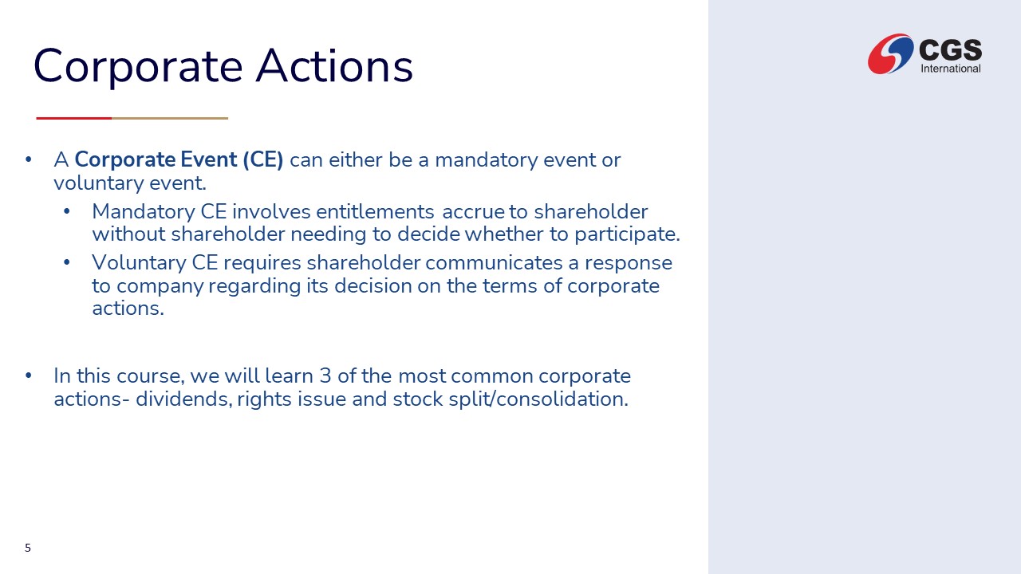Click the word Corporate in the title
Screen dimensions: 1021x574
pyautogui.click(x=138, y=66)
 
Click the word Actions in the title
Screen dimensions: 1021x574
pyautogui.click(x=334, y=65)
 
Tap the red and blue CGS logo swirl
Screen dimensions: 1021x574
pyautogui.click(x=890, y=53)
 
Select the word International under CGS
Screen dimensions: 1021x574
pyautogui.click(x=950, y=69)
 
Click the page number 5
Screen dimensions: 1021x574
pyautogui.click(x=28, y=548)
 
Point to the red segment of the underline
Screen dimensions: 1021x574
pyautogui.click(x=74, y=119)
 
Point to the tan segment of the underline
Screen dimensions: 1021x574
pyautogui.click(x=170, y=119)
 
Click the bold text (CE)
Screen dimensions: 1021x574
pyautogui.click(x=263, y=160)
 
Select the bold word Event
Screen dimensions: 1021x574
pyautogui.click(x=209, y=159)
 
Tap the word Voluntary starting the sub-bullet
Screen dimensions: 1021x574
pyautogui.click(x=139, y=263)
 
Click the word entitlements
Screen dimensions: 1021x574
pyautogui.click(x=375, y=212)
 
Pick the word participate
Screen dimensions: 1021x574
pyautogui.click(x=627, y=235)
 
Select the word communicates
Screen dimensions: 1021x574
pyautogui.click(x=494, y=263)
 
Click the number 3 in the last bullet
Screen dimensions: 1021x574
pyautogui.click(x=325, y=376)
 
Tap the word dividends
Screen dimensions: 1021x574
pyautogui.click(x=183, y=399)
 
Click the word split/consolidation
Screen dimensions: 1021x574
pyautogui.click(x=538, y=399)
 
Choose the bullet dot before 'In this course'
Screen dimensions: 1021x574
pyautogui.click(x=29, y=375)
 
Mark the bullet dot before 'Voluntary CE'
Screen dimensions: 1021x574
pyautogui.click(x=67, y=262)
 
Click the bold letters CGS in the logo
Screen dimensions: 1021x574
pyautogui.click(x=950, y=49)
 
